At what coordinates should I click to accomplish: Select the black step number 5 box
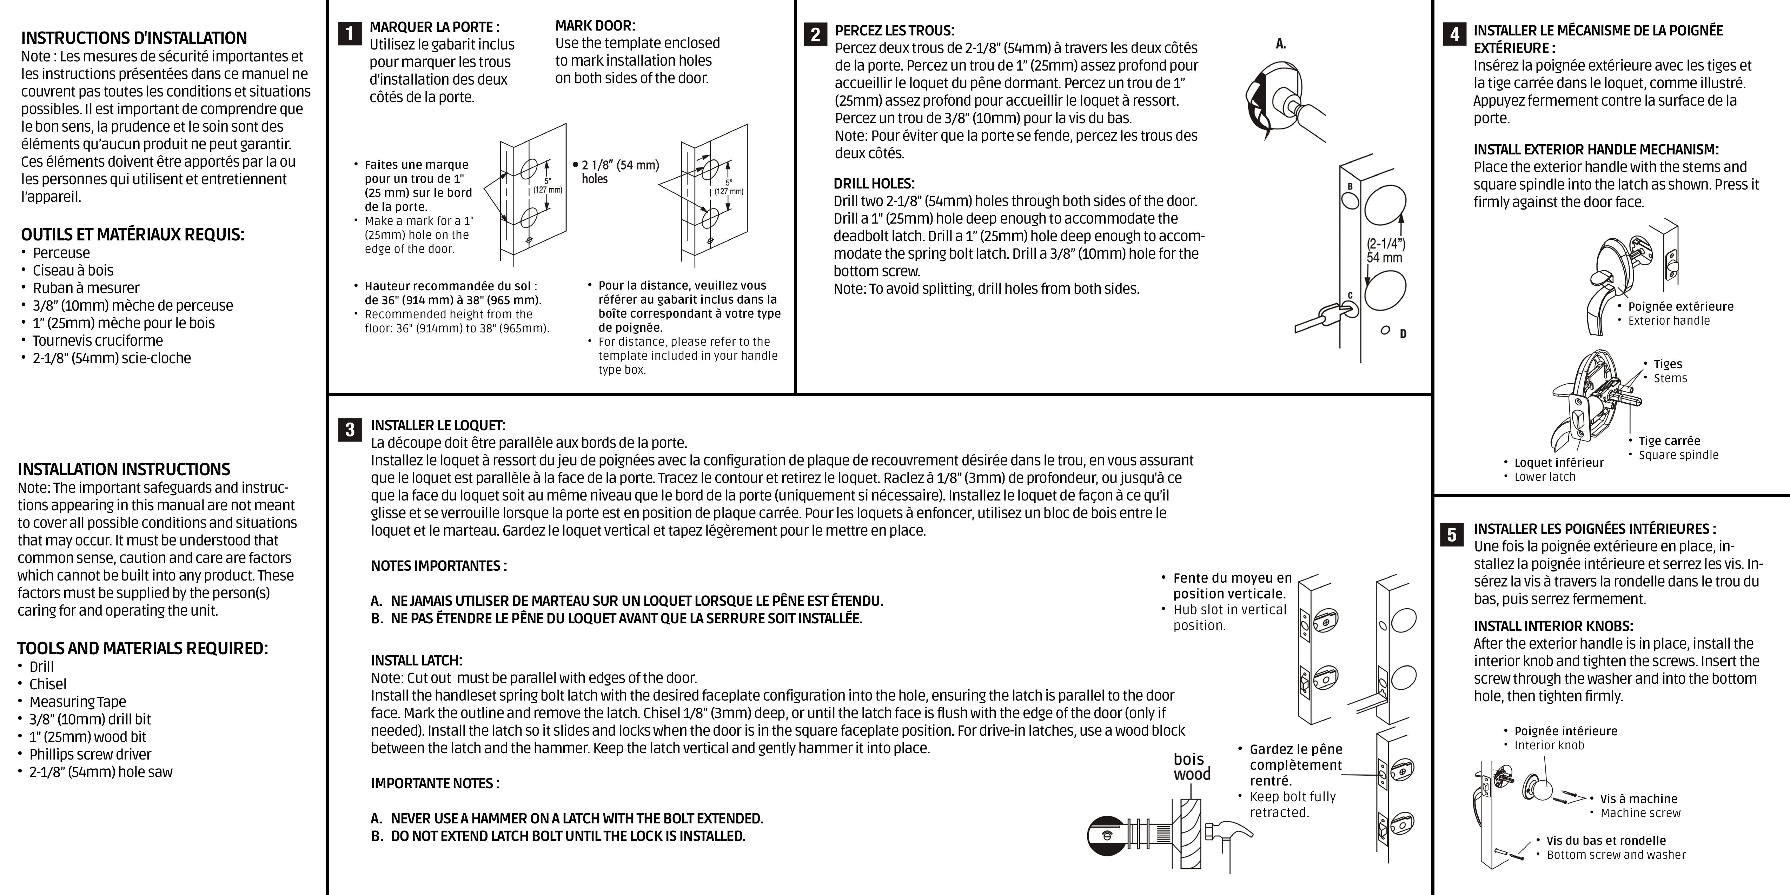point(1452,534)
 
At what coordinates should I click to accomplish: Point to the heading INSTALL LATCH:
point(416,660)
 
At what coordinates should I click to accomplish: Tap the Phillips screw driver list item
point(89,754)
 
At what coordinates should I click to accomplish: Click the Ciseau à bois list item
point(72,270)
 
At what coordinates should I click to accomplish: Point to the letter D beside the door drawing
point(1403,334)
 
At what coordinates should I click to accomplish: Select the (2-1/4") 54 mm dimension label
point(1385,251)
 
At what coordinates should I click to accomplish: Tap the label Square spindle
point(1678,455)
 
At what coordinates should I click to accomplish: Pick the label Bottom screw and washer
point(1616,855)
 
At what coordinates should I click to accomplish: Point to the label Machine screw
point(1640,813)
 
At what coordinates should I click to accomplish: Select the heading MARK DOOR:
point(595,26)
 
